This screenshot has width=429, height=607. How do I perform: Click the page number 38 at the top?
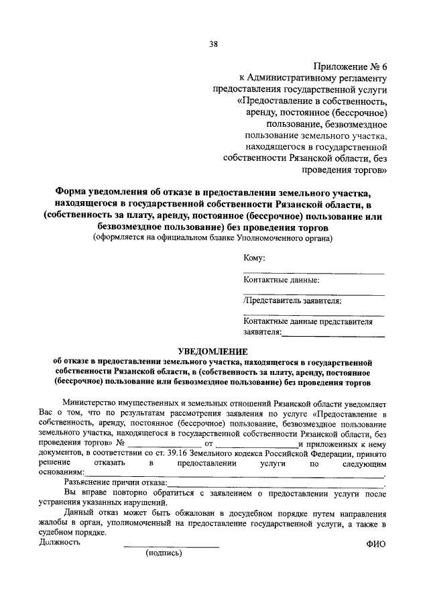point(214,45)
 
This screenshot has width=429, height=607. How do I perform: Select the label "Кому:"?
point(255,258)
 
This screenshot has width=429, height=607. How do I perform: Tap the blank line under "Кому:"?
point(314,272)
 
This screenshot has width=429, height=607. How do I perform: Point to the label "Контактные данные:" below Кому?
point(281,280)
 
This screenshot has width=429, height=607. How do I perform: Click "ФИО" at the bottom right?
point(376,545)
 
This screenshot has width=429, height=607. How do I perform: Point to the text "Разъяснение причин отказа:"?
point(115,481)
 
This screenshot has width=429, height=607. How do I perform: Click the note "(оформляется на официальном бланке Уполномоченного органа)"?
point(212,237)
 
